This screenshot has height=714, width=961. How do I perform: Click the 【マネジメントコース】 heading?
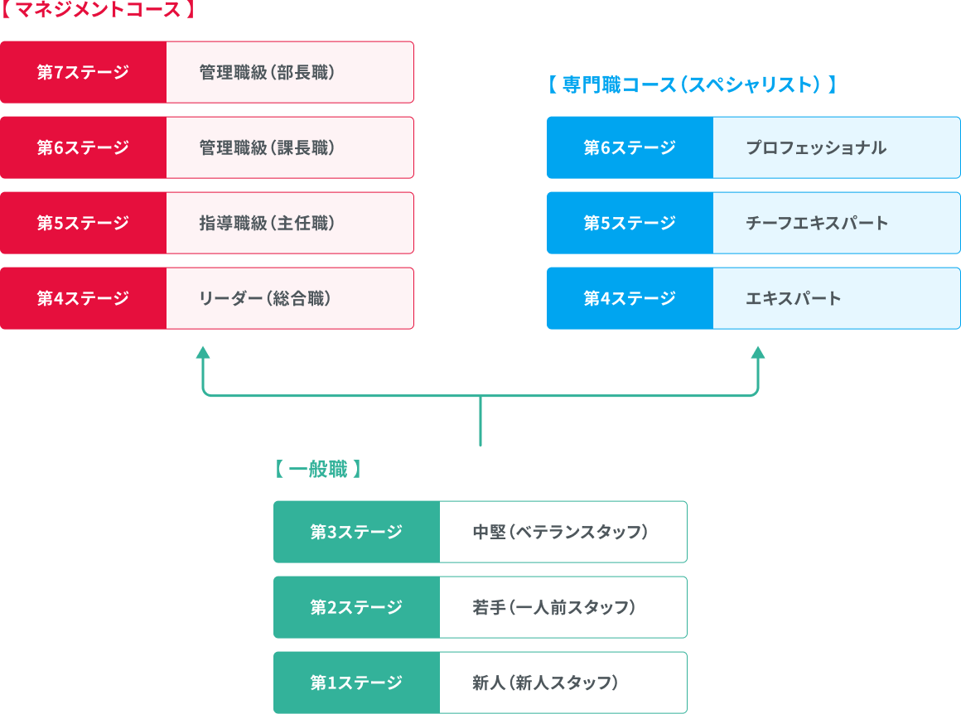[98, 11]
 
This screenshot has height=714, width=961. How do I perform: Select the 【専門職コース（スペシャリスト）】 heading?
[692, 84]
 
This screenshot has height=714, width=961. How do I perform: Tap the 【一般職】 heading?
[318, 470]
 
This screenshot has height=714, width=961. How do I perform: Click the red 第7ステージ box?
[83, 72]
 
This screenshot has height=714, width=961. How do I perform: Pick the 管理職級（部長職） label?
[267, 72]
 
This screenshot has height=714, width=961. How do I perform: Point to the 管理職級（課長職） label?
[267, 147]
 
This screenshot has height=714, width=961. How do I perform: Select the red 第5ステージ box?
[83, 223]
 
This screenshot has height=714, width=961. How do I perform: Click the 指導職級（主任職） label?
[267, 223]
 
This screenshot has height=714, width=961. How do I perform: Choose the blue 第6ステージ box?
[630, 147]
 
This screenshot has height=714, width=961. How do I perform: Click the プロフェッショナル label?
[816, 147]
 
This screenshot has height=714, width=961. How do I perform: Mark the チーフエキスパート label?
[817, 223]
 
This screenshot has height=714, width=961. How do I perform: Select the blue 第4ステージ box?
[630, 298]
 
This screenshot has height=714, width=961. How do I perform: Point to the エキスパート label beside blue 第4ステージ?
[794, 298]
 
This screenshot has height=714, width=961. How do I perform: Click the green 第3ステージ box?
[356, 532]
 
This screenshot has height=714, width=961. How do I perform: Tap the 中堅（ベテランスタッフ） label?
[560, 532]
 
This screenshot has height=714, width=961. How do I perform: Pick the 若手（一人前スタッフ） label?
[554, 607]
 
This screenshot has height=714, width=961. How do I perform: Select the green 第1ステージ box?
[356, 683]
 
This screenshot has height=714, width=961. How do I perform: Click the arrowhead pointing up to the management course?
[202, 353]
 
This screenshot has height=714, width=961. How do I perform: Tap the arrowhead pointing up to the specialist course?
[757, 353]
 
